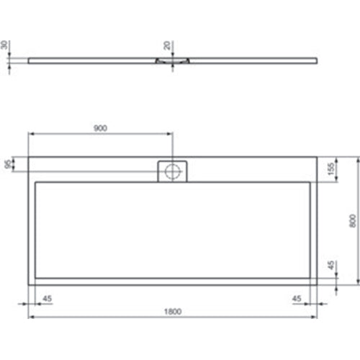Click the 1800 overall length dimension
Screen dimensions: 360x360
(x=171, y=312)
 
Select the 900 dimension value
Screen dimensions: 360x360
(x=100, y=128)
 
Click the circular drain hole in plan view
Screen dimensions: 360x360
(x=172, y=171)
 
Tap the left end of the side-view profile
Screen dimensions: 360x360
(x=29, y=60)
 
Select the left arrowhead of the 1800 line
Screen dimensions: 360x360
(x=30, y=317)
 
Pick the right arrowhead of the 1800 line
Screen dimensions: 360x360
(x=314, y=317)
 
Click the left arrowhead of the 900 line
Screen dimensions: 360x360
(x=30, y=133)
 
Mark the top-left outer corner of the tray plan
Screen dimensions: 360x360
(x=28, y=156)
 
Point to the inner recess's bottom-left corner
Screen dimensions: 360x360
(x=35, y=278)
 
